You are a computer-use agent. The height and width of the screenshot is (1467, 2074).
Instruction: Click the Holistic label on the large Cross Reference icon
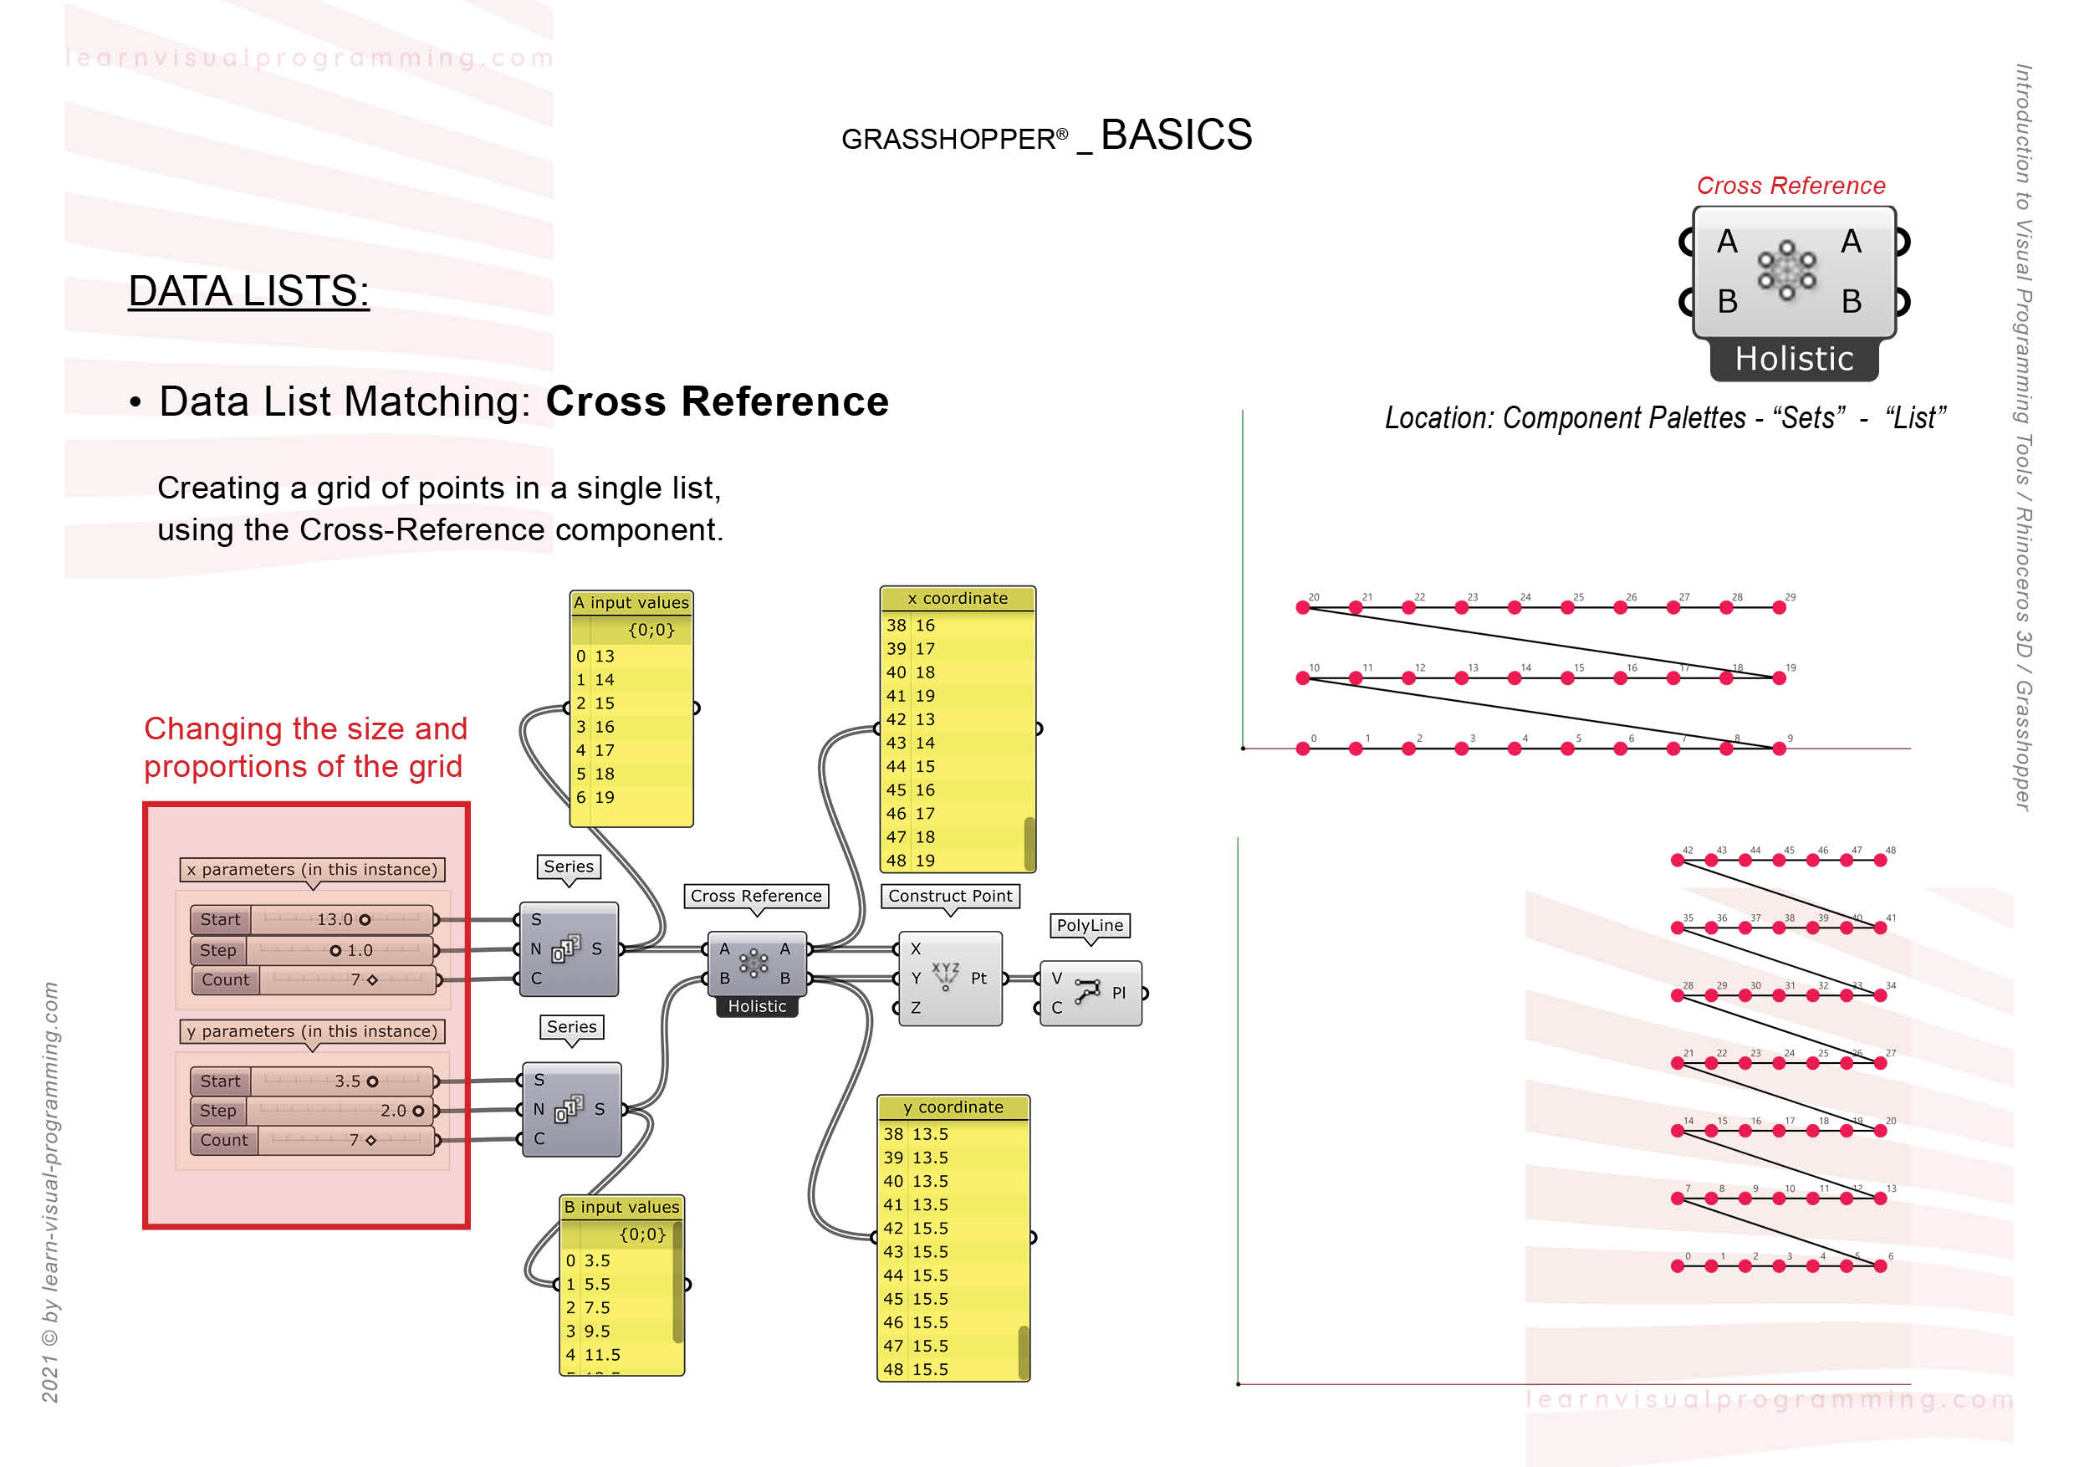[1793, 360]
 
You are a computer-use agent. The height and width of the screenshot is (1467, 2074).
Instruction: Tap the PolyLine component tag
[1090, 925]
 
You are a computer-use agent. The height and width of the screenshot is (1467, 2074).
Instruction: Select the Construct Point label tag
[949, 895]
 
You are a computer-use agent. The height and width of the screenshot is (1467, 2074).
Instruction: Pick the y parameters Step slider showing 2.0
[343, 1110]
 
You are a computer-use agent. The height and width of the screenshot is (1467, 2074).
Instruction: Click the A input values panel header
[631, 602]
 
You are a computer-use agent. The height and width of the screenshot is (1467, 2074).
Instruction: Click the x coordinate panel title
[957, 598]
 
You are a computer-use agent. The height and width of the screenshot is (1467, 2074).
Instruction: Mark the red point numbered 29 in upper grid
[1779, 608]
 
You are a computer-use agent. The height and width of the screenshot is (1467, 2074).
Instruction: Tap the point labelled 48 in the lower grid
[1880, 861]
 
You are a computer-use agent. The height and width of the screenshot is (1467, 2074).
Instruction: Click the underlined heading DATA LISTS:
[248, 292]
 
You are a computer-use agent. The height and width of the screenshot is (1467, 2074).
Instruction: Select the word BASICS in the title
[1175, 135]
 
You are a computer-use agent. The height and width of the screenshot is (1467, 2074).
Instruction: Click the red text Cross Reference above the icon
[1790, 186]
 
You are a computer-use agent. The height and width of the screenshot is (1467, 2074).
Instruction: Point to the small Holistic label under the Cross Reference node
[756, 1006]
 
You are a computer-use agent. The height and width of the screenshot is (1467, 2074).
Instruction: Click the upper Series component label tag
[568, 866]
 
